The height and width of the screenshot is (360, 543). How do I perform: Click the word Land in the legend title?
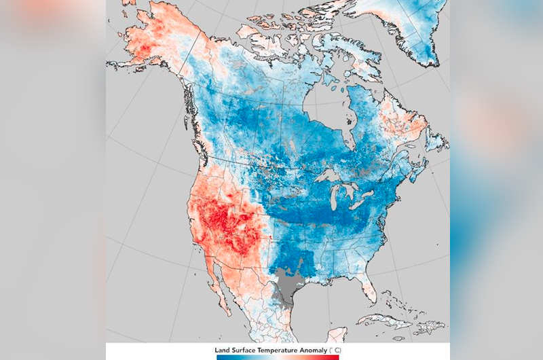[x=225, y=349]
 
